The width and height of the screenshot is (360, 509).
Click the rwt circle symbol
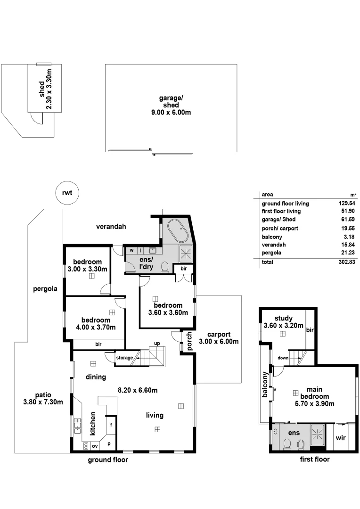[67, 193]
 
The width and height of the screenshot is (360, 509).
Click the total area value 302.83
[347, 262]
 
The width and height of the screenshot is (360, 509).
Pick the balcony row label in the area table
[272, 237]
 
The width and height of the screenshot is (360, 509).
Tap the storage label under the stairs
[125, 358]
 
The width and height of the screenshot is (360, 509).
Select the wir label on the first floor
[341, 438]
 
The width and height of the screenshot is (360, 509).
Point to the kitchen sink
[78, 428]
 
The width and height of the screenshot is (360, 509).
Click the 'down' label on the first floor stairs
[283, 358]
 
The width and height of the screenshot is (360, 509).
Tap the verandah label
[111, 227]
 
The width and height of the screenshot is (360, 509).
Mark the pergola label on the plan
[45, 289]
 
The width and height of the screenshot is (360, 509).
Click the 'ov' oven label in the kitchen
[95, 446]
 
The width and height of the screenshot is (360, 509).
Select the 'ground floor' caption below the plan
[108, 460]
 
